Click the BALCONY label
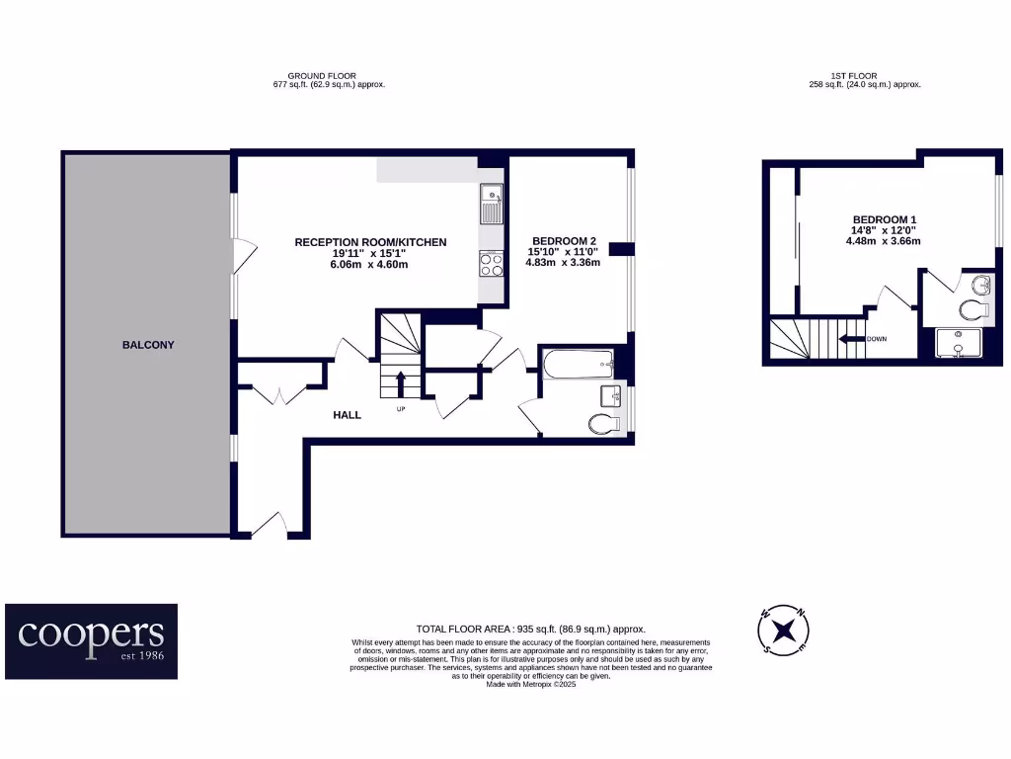pos(148,345)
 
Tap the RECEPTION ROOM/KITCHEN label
pos(370,242)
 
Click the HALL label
pos(347,415)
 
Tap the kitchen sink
pos(491,206)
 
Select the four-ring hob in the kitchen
pos(491,263)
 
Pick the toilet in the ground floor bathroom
pos(603,424)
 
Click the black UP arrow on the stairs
pos(401,382)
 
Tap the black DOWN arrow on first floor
pos(850,339)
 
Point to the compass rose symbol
pos(784,630)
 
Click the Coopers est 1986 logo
pos(92,641)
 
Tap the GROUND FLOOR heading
pos(322,76)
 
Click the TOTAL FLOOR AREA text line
pos(530,630)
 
